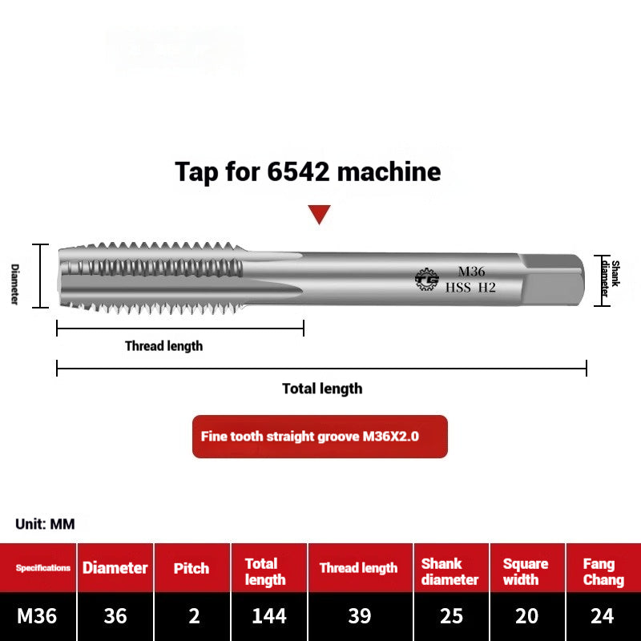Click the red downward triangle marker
click(320, 214)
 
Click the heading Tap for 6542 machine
click(308, 171)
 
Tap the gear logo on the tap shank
click(426, 279)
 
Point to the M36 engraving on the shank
click(471, 272)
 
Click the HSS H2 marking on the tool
click(470, 288)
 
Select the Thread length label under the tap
click(163, 346)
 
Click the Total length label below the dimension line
click(322, 389)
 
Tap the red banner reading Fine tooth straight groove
click(320, 437)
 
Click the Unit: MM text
click(45, 524)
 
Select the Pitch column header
click(192, 568)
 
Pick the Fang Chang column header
click(603, 571)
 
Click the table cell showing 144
click(268, 616)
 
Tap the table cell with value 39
click(360, 616)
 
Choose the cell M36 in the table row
click(37, 616)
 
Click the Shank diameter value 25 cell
click(451, 616)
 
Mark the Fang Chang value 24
click(602, 616)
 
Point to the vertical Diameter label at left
click(14, 284)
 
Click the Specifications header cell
click(43, 568)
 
